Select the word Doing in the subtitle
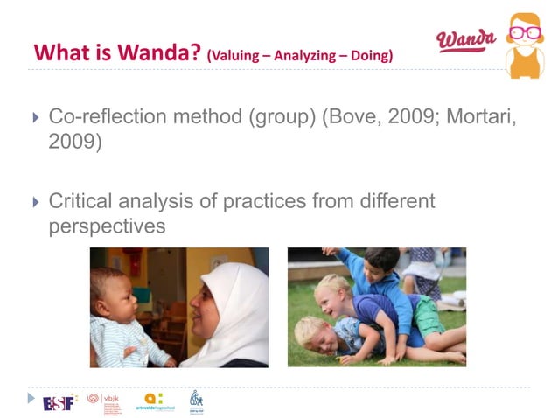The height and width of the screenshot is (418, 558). tap(370, 56)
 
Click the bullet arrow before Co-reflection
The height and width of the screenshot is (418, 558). tap(36, 118)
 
